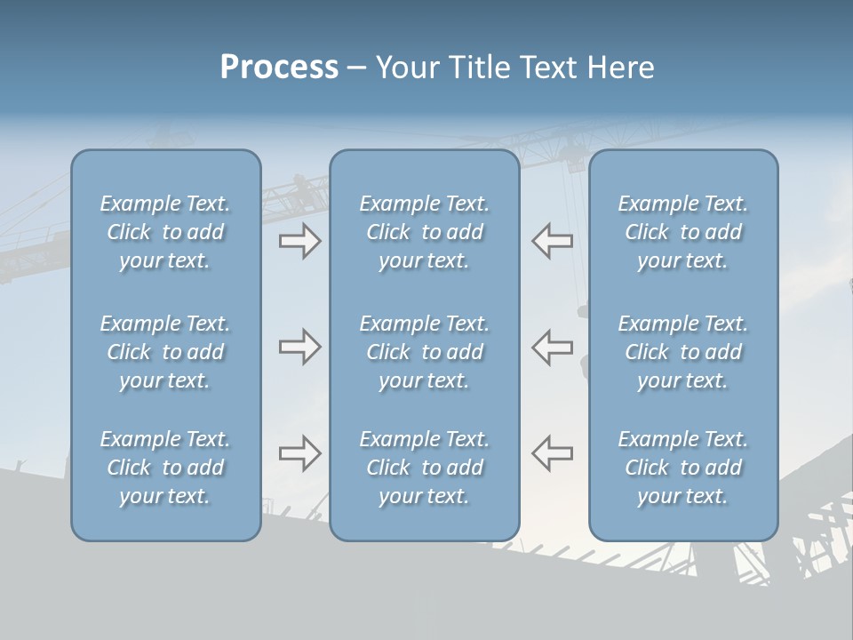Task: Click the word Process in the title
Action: (x=279, y=68)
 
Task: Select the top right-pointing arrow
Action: (x=299, y=241)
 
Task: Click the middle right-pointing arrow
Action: (x=299, y=347)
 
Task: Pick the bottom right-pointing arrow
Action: (x=299, y=453)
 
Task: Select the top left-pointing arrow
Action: (x=552, y=241)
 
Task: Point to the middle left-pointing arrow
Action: (x=552, y=347)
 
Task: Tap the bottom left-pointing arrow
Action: (x=552, y=453)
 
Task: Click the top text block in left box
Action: (x=165, y=232)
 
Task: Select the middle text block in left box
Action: (x=165, y=352)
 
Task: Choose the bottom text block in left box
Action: (x=165, y=468)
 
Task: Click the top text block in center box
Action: (x=425, y=232)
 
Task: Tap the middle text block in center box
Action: (x=425, y=352)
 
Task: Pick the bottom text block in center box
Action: (x=425, y=468)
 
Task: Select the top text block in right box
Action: (x=683, y=232)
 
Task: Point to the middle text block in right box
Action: (x=683, y=352)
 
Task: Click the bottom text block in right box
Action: (x=683, y=468)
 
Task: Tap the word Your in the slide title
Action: (x=406, y=68)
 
